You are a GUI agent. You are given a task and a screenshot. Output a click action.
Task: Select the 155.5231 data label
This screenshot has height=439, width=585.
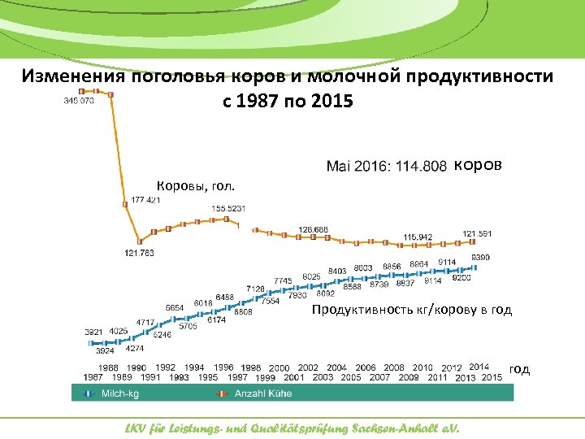click(228, 209)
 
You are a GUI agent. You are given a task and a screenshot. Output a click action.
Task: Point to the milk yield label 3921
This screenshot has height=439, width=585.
click(94, 332)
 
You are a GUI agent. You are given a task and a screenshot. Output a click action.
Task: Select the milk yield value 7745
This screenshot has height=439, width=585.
click(283, 280)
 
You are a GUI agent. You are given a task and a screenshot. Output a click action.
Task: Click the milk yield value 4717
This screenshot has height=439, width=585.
click(145, 322)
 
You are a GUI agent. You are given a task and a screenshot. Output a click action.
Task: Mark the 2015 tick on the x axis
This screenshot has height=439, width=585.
click(492, 377)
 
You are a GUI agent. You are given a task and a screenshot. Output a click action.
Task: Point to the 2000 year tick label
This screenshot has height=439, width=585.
click(279, 368)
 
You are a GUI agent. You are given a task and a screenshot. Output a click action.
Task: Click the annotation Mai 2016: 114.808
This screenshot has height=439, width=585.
click(386, 167)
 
